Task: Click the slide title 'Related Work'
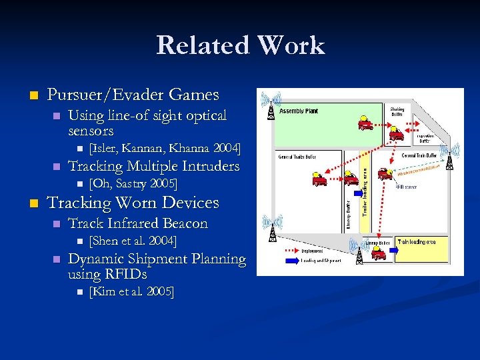(x=240, y=45)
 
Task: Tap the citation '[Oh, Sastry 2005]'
(x=133, y=183)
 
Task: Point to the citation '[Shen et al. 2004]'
(x=133, y=240)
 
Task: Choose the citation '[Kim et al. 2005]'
(x=131, y=292)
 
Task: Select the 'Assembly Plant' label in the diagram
(x=298, y=111)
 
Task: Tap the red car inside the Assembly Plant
(x=365, y=123)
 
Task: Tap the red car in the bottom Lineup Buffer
(x=379, y=254)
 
